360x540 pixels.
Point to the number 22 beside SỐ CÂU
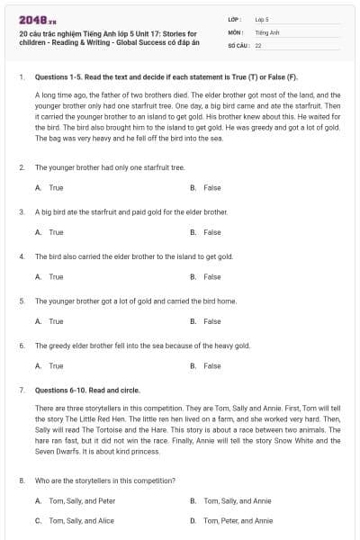point(258,44)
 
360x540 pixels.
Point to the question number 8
point(21,481)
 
